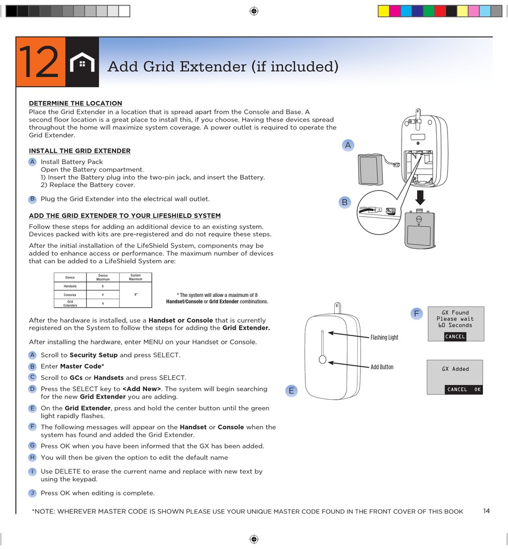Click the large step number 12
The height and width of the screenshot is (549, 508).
(x=39, y=63)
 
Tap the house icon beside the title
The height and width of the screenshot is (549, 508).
(x=82, y=64)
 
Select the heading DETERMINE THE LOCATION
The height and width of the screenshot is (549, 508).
(x=75, y=103)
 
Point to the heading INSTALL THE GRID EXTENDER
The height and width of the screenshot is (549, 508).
(x=80, y=151)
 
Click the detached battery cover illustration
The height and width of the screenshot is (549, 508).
(x=420, y=229)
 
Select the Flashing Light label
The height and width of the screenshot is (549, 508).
(x=384, y=337)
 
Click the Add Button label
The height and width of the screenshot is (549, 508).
(x=382, y=367)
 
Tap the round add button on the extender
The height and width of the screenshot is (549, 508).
(x=322, y=360)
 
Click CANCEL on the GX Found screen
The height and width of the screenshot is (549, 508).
(x=455, y=337)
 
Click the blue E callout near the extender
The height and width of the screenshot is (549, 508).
(x=291, y=391)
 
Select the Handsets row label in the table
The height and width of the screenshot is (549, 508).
(x=70, y=286)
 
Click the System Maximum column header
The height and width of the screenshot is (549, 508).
(x=135, y=277)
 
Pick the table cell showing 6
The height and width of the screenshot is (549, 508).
(x=103, y=286)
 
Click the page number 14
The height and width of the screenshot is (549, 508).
(x=486, y=510)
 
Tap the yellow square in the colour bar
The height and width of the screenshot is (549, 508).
(x=383, y=11)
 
